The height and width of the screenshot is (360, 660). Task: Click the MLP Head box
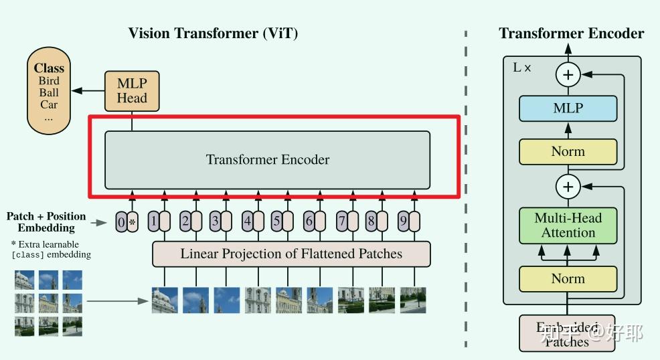tap(132, 91)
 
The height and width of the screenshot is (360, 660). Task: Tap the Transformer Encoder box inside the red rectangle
tap(267, 160)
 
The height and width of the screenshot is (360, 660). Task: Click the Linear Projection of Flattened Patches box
tap(291, 254)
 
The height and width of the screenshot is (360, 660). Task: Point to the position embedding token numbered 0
tap(120, 221)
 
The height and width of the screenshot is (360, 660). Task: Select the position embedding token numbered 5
tap(276, 221)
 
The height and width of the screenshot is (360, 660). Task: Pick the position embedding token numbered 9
tap(402, 221)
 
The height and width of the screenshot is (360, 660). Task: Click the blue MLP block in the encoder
tap(568, 108)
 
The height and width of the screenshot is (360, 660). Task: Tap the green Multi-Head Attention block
tap(568, 226)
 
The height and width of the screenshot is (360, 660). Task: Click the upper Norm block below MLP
tap(568, 152)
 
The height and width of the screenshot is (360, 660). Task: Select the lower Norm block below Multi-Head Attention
tap(568, 279)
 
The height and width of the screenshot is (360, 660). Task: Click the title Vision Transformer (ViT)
tap(213, 33)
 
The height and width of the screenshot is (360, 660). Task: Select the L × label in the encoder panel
tap(522, 68)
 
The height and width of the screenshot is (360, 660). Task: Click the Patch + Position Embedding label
tap(46, 222)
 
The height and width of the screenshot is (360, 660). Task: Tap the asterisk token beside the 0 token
tap(132, 221)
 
